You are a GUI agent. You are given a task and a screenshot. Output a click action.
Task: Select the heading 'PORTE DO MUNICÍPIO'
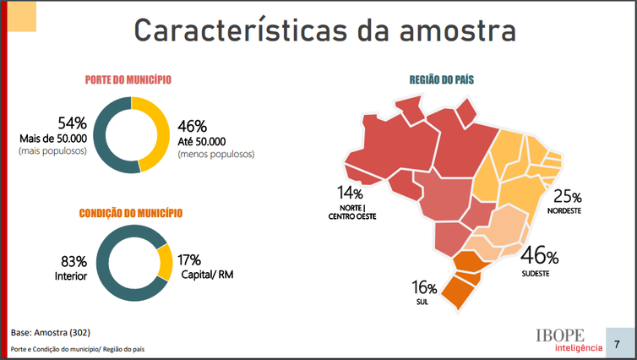tap(128, 79)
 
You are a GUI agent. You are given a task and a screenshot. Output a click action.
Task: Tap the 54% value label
tap(72, 124)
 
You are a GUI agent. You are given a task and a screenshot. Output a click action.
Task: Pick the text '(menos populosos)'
tap(216, 155)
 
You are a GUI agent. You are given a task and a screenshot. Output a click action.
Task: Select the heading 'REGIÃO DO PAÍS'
tap(441, 80)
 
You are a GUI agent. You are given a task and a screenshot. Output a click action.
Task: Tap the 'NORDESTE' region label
tap(565, 210)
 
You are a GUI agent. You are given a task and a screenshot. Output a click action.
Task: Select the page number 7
tap(619, 344)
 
